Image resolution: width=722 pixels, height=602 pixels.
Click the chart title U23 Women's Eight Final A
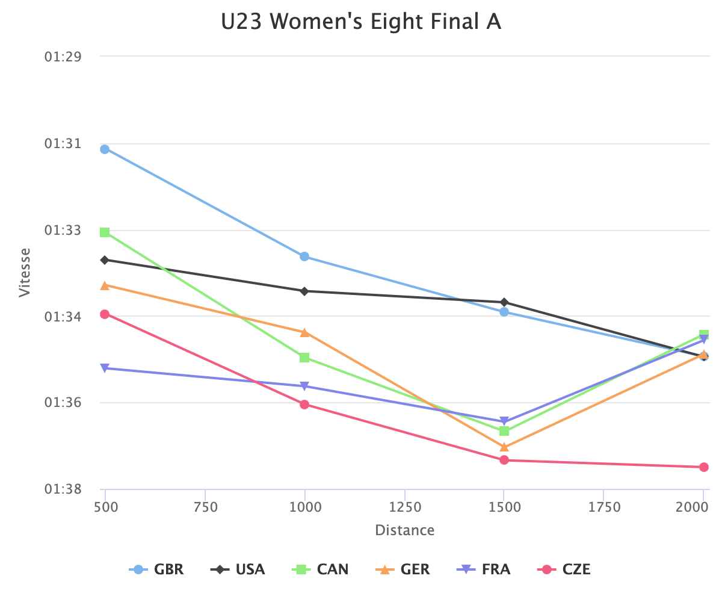[x=361, y=22]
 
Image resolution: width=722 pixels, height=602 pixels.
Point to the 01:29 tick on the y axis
[x=63, y=57]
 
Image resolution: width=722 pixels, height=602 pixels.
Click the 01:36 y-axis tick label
[x=63, y=403]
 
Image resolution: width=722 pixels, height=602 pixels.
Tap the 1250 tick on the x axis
[x=404, y=507]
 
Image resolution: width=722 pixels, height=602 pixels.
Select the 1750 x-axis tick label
[x=604, y=507]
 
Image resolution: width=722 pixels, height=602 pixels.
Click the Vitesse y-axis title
[x=25, y=272]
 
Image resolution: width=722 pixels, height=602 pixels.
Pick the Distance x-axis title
[x=404, y=530]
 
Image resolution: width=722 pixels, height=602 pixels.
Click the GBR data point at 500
[x=105, y=149]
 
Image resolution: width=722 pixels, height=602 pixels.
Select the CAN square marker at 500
[x=105, y=232]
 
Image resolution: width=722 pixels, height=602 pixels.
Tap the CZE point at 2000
[x=704, y=467]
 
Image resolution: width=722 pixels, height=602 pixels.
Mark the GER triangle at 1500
[x=504, y=447]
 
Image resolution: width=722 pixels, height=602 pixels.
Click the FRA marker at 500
[x=105, y=368]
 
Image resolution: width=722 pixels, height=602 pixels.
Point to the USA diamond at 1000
[x=304, y=291]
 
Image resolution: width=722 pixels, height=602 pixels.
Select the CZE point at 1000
[x=304, y=405]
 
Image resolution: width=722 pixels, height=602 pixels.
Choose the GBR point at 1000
[x=304, y=256]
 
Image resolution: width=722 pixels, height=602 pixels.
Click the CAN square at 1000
[x=304, y=358]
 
